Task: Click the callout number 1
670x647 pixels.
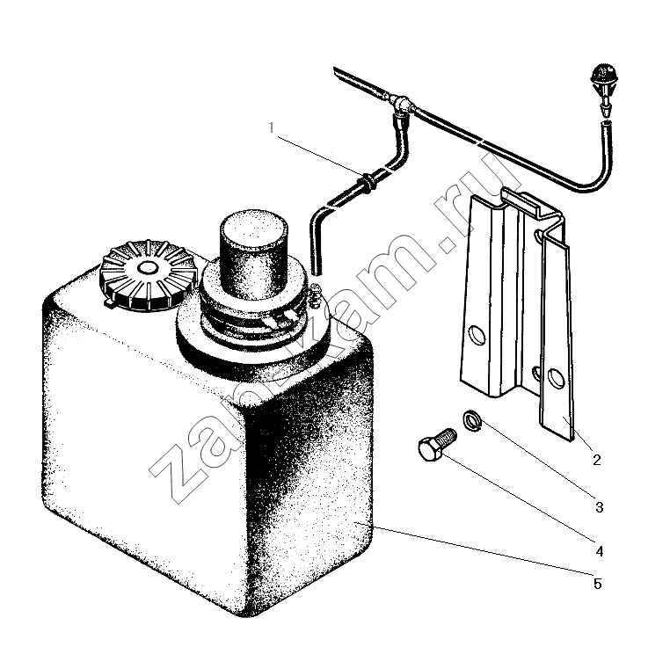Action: [272, 127]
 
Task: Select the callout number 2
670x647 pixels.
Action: [596, 460]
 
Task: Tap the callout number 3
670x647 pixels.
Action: [599, 507]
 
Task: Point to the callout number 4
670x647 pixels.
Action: [599, 551]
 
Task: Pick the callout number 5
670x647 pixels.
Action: [597, 584]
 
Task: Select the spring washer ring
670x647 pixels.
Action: [472, 420]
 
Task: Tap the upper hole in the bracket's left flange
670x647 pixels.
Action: [477, 335]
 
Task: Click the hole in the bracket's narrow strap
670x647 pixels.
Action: [555, 377]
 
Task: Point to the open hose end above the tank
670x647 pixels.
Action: [317, 271]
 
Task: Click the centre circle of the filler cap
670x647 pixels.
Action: [148, 268]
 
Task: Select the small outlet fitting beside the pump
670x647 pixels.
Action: [316, 294]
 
